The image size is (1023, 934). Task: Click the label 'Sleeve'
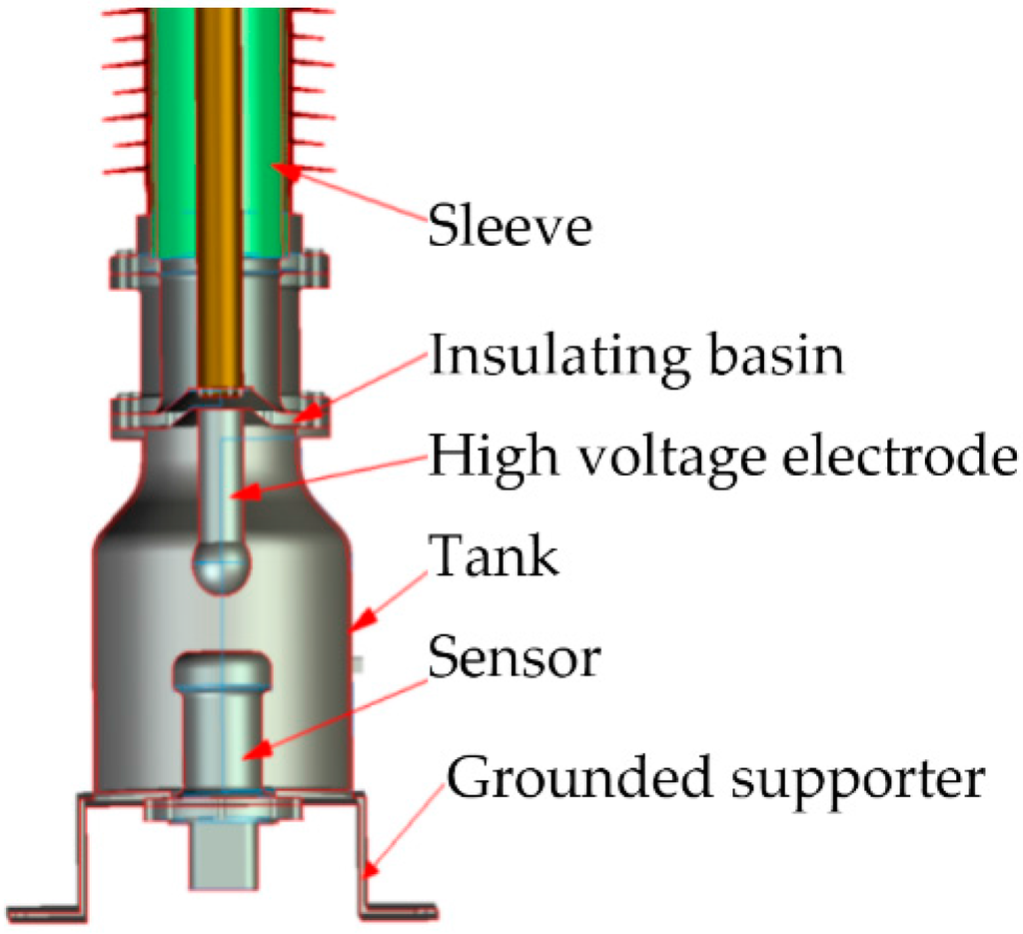510,228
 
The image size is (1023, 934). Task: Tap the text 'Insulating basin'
636,355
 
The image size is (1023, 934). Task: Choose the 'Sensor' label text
514,658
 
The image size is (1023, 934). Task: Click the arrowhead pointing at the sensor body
256,749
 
